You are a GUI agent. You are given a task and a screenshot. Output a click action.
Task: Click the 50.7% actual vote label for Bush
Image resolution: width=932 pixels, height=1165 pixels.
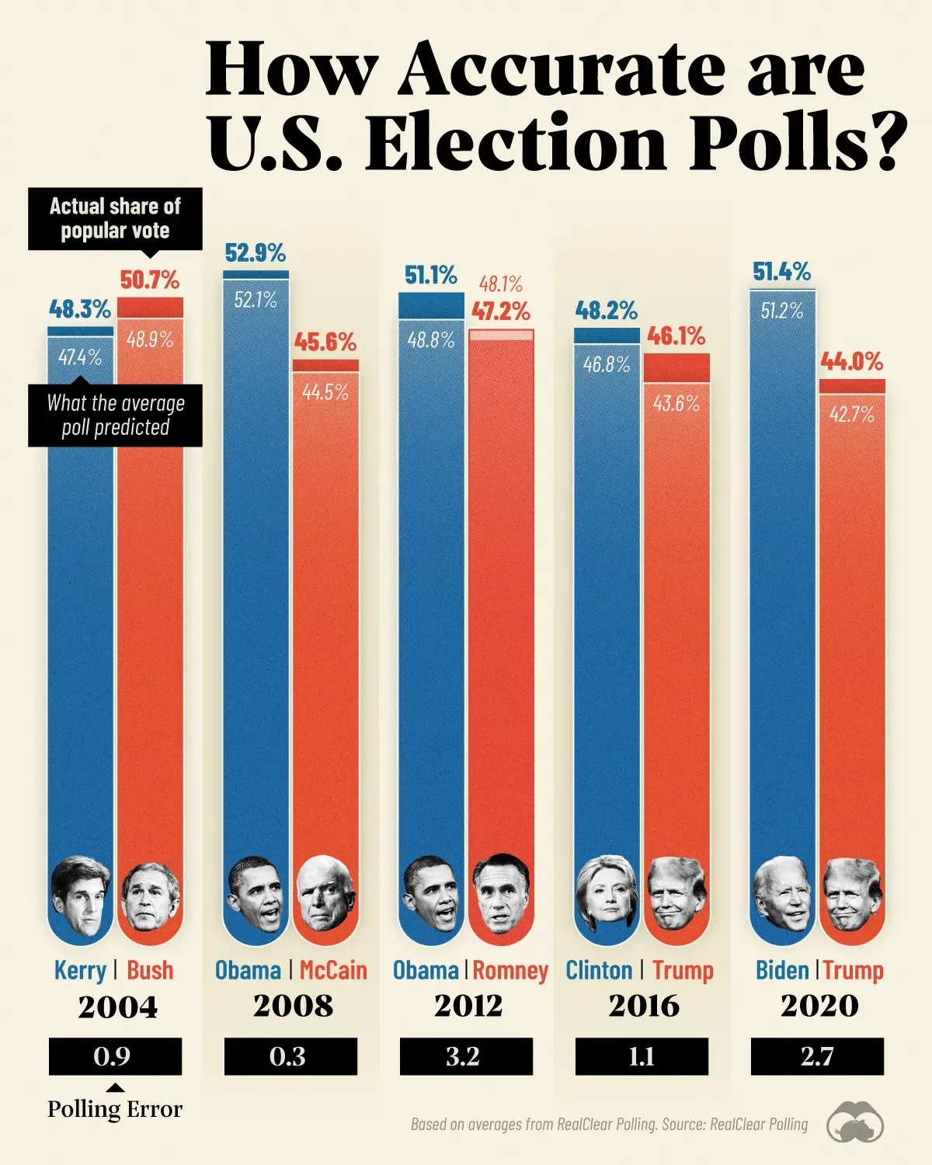150,280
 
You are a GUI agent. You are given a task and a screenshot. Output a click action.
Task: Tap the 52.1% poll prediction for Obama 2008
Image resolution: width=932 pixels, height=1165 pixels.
256,300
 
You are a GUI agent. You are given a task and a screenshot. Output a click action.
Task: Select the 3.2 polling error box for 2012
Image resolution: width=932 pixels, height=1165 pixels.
466,1056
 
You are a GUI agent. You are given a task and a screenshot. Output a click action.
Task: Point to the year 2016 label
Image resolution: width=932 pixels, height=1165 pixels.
644,1006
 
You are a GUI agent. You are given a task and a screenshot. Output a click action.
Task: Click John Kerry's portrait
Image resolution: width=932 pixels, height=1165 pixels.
79,895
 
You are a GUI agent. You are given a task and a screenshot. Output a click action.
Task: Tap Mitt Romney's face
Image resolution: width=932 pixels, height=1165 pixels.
501,895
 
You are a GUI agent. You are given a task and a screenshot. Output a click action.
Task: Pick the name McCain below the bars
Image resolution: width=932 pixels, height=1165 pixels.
333,970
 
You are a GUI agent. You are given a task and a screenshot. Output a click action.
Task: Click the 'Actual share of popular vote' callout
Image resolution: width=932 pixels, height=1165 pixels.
115,218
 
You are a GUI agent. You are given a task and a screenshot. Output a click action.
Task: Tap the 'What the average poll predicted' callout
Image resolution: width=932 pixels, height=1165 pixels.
115,416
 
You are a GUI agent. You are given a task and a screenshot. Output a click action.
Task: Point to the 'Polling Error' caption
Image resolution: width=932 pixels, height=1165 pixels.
115,1109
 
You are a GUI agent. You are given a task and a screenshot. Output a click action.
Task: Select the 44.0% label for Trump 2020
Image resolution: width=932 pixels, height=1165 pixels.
852,361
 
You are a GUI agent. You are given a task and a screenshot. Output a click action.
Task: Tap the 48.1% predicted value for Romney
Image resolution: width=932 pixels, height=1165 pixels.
501,284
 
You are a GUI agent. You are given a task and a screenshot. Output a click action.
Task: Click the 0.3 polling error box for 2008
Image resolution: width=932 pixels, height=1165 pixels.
290,1056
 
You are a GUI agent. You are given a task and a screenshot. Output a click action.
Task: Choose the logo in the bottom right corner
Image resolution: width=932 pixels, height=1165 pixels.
855,1123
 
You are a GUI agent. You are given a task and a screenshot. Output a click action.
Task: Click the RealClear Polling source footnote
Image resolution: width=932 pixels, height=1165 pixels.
609,1124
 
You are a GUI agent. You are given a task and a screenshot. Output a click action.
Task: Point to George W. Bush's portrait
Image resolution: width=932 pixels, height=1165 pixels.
151,897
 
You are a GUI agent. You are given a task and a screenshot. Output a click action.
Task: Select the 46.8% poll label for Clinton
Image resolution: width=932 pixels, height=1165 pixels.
607,364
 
